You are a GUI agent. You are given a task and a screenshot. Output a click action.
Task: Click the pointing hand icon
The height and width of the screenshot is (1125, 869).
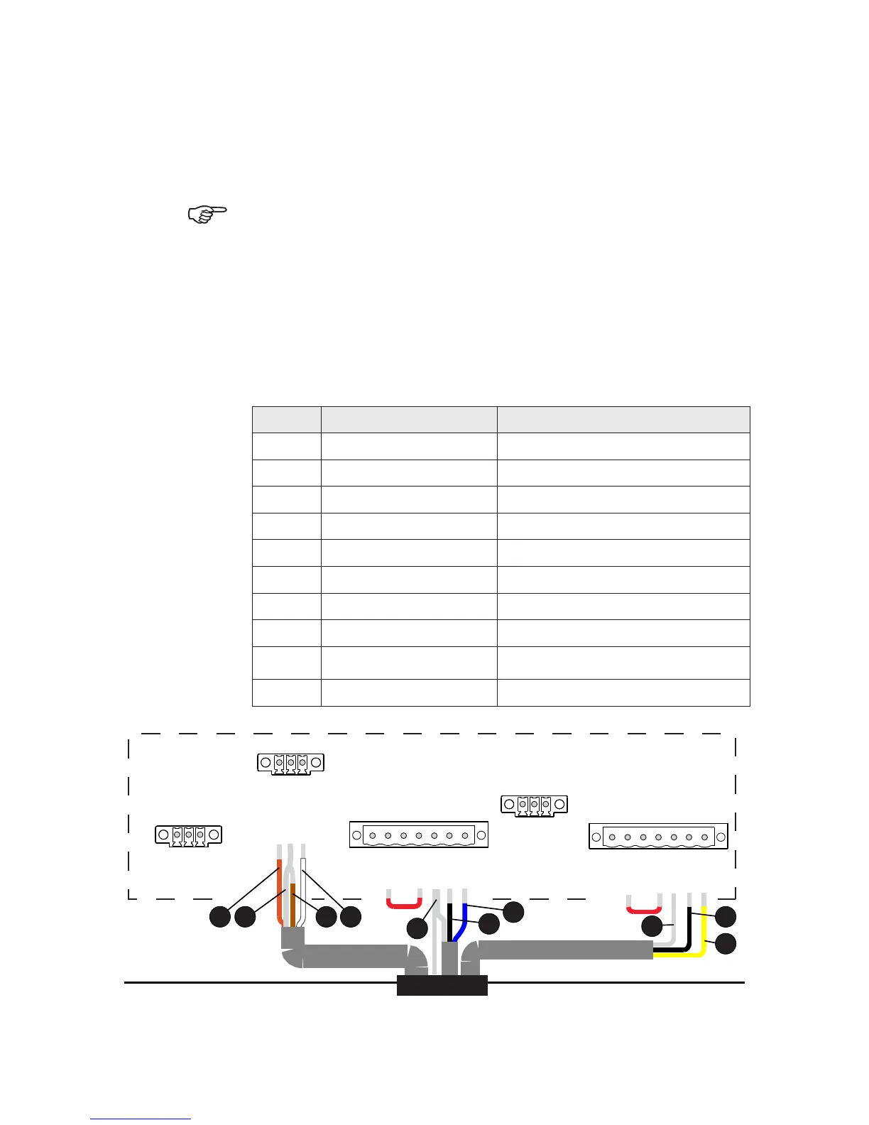pyautogui.click(x=207, y=214)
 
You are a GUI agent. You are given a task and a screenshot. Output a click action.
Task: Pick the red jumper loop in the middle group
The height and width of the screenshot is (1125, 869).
pyautogui.click(x=403, y=904)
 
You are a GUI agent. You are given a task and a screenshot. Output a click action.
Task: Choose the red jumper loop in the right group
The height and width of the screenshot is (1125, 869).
pyautogui.click(x=643, y=909)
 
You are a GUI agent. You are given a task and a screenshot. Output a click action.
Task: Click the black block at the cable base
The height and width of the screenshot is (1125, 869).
pyautogui.click(x=442, y=985)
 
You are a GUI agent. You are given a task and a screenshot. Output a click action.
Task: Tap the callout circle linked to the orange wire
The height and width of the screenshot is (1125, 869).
pyautogui.click(x=220, y=917)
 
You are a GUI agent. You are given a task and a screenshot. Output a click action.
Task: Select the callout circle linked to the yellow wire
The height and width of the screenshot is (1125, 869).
pyautogui.click(x=726, y=945)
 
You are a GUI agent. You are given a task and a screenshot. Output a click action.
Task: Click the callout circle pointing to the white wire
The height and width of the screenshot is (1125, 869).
pyautogui.click(x=350, y=917)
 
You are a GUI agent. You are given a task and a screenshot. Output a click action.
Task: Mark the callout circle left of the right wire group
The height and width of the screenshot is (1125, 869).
pyautogui.click(x=652, y=927)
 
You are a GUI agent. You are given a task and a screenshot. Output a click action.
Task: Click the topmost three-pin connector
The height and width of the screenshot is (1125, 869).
pyautogui.click(x=290, y=763)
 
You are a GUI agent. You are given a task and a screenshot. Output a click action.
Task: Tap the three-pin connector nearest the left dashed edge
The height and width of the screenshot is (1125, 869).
pyautogui.click(x=188, y=835)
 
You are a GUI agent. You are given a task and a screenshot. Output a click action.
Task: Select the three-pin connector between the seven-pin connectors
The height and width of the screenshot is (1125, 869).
pyautogui.click(x=534, y=805)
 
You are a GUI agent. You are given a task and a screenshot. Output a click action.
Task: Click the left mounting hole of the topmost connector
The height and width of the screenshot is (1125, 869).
pyautogui.click(x=265, y=763)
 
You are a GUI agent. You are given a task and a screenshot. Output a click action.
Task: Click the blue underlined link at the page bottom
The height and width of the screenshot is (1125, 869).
pyautogui.click(x=141, y=1119)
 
